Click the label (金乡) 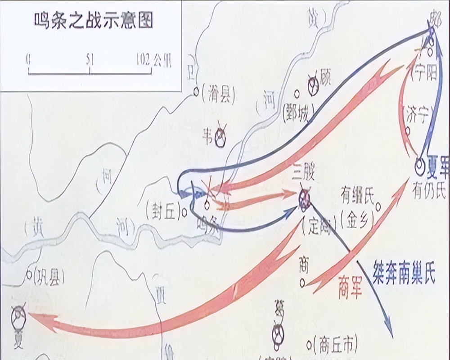click(357, 220)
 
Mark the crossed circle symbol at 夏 click(19, 316)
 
